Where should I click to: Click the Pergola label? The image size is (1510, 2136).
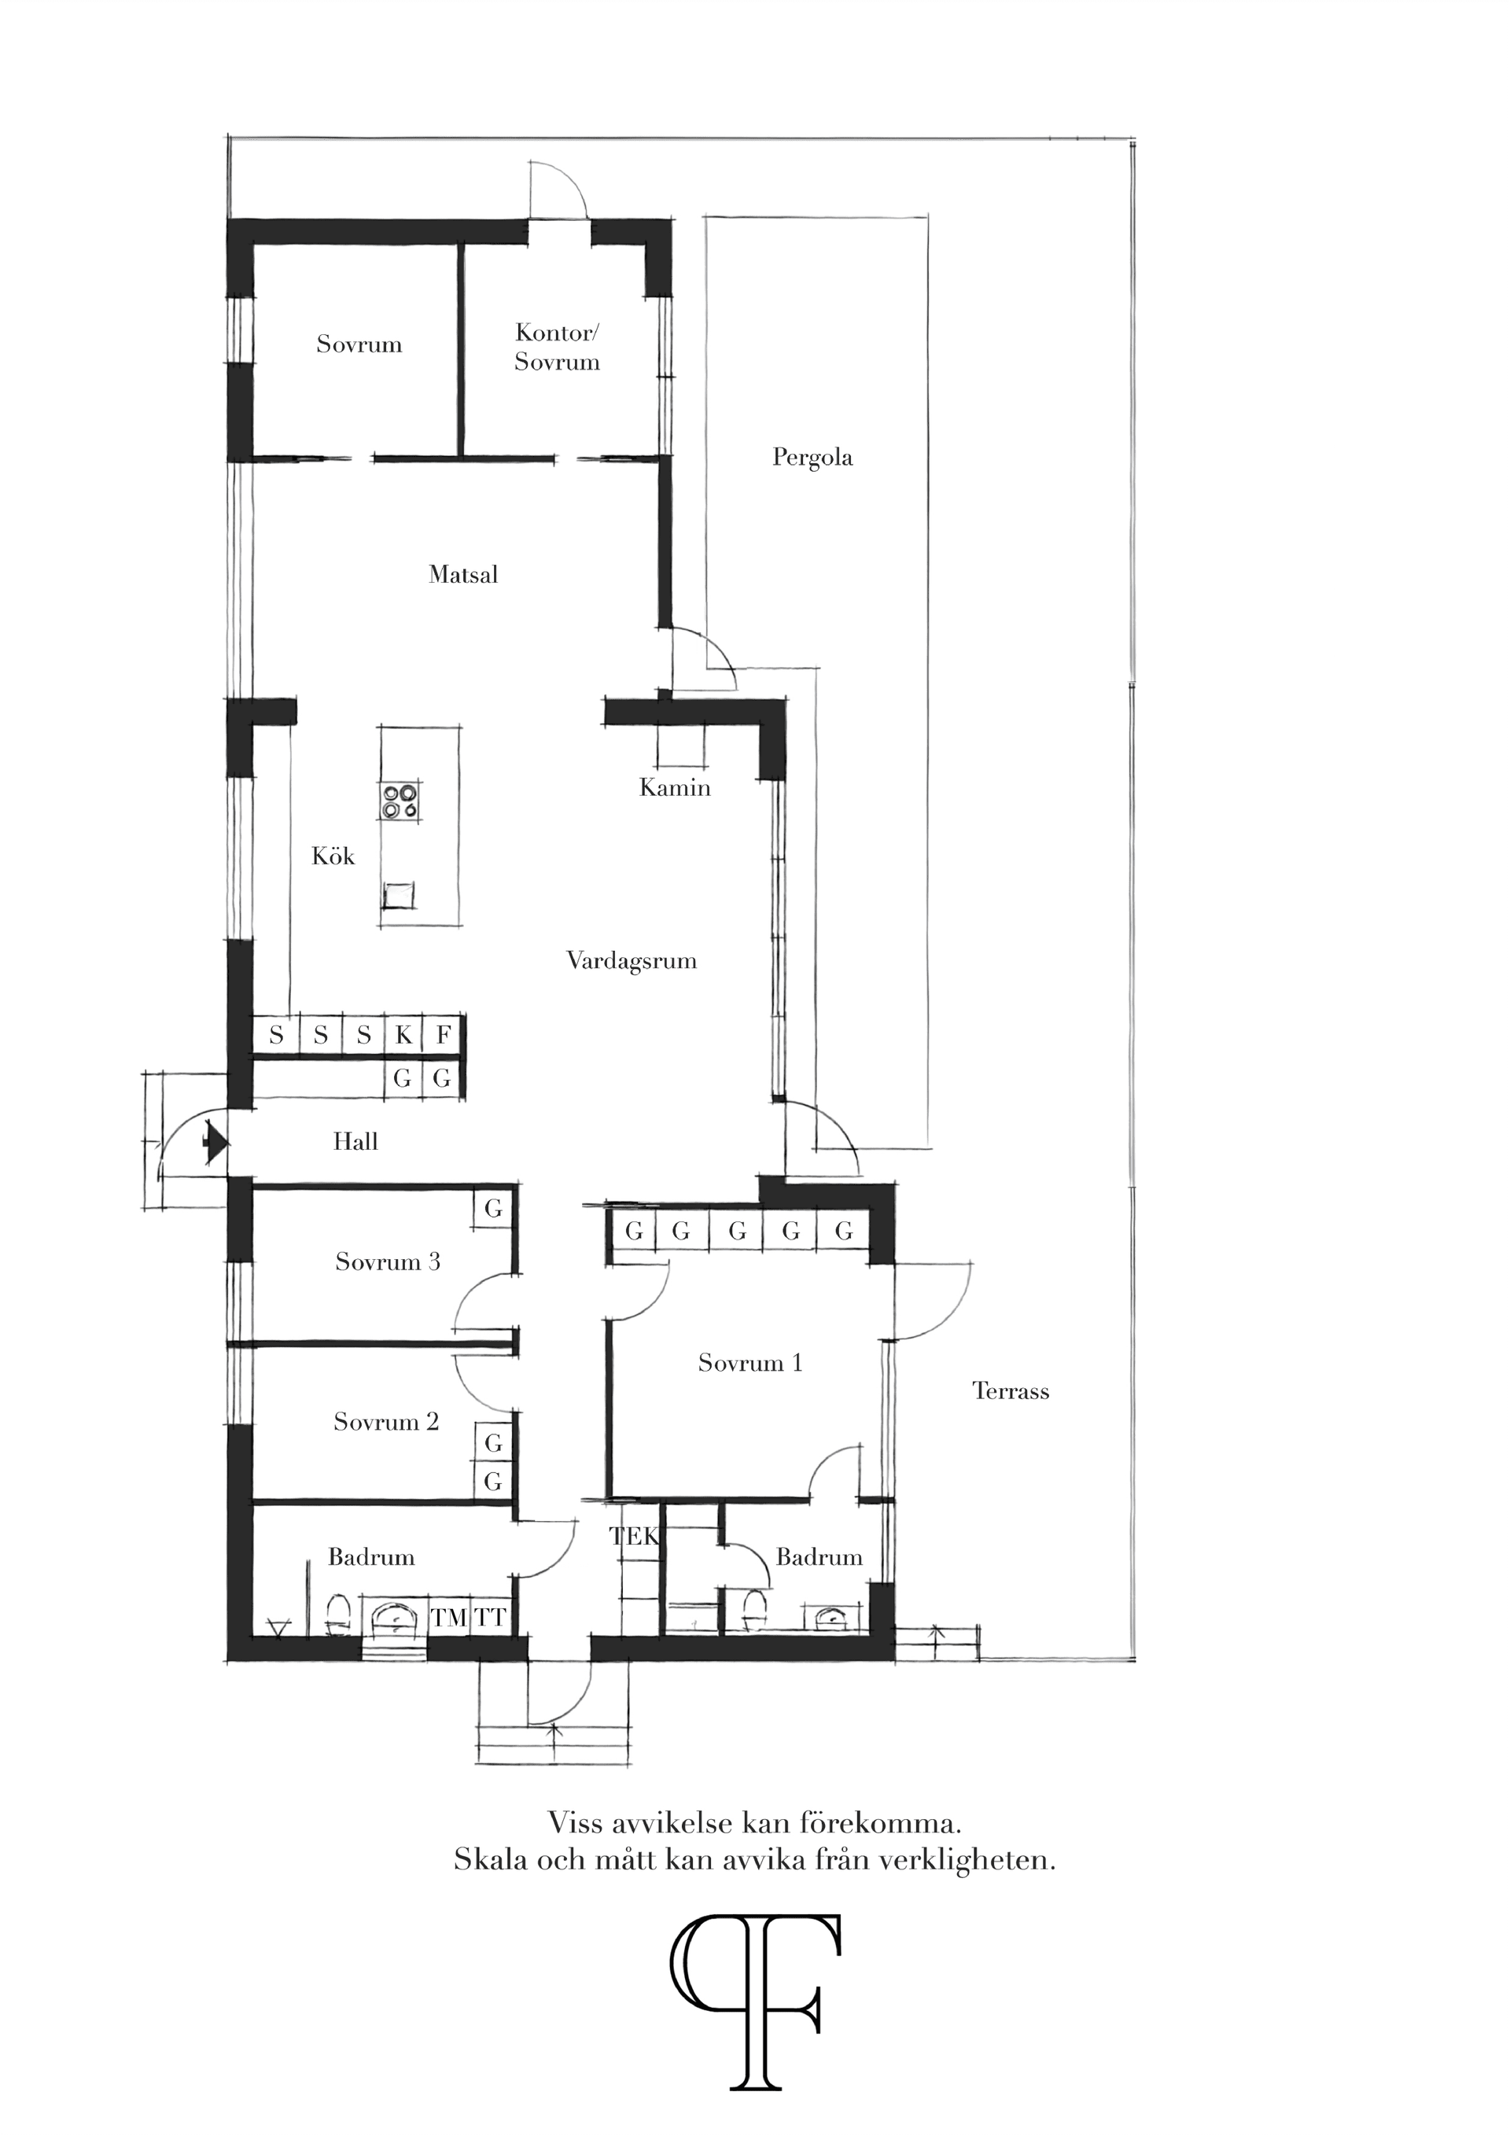(812, 458)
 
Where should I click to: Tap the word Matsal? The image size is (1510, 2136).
(463, 575)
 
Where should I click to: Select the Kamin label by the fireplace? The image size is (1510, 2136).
(675, 788)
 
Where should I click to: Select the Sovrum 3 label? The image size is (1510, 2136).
(387, 1261)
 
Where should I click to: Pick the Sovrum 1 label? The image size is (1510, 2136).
(749, 1363)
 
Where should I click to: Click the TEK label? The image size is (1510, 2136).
(635, 1536)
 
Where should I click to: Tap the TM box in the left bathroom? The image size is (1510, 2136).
(448, 1618)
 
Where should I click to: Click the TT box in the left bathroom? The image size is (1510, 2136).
(489, 1618)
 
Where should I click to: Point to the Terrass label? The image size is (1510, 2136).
(1011, 1392)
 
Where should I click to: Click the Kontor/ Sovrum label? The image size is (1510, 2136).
(558, 347)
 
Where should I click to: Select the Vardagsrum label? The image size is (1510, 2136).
(632, 961)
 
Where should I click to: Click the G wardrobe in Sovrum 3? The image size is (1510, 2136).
(493, 1209)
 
